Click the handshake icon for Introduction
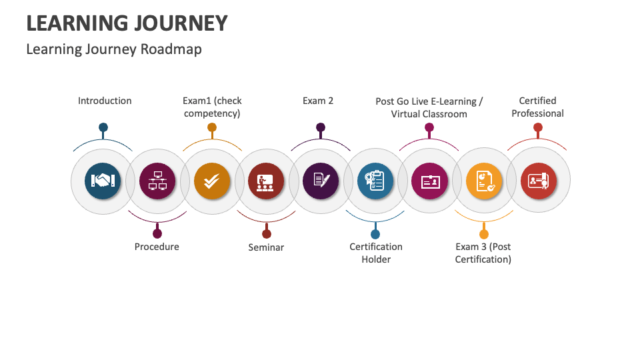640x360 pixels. point(103,181)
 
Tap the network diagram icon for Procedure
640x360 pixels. point(157,181)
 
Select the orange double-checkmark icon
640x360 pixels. point(212,181)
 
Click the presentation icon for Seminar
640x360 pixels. point(266,181)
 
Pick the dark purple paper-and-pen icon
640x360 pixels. point(321,181)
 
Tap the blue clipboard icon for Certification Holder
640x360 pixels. point(375,181)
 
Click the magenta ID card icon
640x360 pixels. point(430,181)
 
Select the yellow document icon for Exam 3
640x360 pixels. point(484,181)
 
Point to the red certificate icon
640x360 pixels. point(539,181)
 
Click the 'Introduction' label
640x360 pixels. point(105,101)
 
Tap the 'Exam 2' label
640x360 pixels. point(318,101)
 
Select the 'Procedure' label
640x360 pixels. point(157,247)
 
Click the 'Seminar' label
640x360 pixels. point(266,247)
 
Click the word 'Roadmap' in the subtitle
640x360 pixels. point(171,49)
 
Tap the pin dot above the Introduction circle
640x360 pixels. point(103,127)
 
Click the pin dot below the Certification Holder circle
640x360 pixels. point(375,234)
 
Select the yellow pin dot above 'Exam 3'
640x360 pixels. point(484,234)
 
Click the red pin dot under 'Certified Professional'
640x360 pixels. point(538,127)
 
